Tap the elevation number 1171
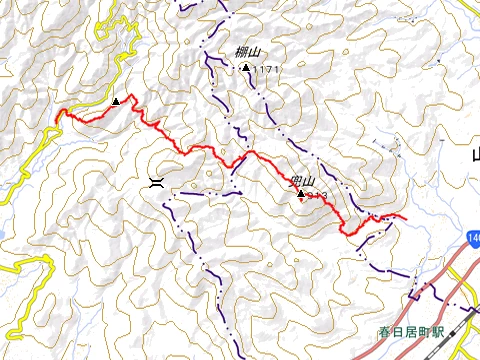point(264,69)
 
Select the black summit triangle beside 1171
point(246,67)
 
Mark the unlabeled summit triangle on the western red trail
point(116,101)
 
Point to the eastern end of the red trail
point(405,216)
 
